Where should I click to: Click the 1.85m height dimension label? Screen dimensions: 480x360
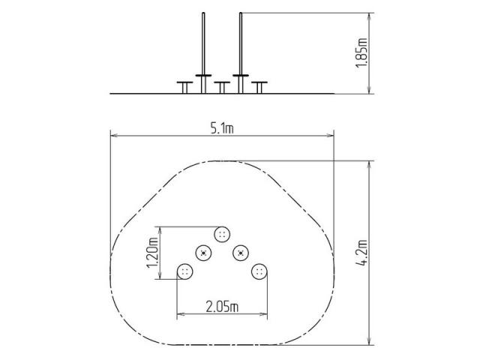coord(361,52)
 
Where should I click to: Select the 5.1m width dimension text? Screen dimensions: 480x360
coord(222,128)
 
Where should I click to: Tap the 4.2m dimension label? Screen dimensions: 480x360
coord(362,253)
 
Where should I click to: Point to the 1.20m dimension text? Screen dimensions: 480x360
coord(152,253)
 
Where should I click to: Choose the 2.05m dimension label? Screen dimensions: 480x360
coord(222,307)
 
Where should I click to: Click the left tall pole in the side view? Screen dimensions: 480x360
coord(203,52)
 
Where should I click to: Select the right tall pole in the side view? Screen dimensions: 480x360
coord(241,52)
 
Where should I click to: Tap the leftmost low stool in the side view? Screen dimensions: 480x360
coord(185,87)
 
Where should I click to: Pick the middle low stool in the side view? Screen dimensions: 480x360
coord(222,87)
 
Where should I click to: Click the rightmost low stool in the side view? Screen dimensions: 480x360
coord(259,87)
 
